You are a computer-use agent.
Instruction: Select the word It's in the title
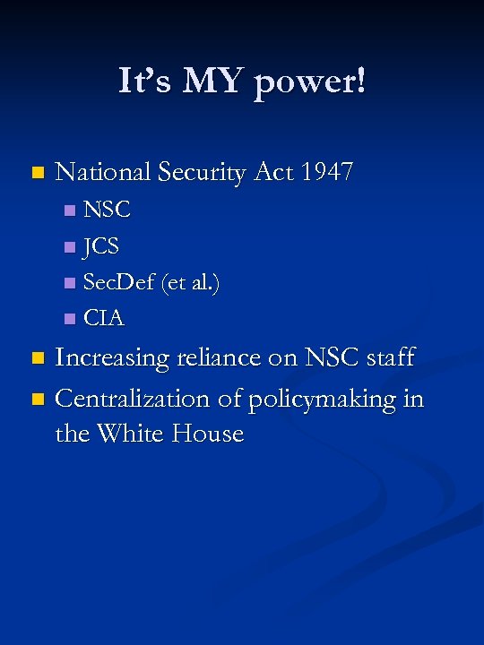(145, 82)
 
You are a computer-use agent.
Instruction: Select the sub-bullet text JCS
(101, 246)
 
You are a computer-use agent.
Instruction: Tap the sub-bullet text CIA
(104, 318)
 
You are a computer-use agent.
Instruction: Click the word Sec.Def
(120, 282)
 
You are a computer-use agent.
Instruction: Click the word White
(137, 434)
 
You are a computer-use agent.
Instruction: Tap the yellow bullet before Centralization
(36, 398)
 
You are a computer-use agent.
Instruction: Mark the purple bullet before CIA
(70, 319)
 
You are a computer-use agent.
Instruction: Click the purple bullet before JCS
(70, 247)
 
